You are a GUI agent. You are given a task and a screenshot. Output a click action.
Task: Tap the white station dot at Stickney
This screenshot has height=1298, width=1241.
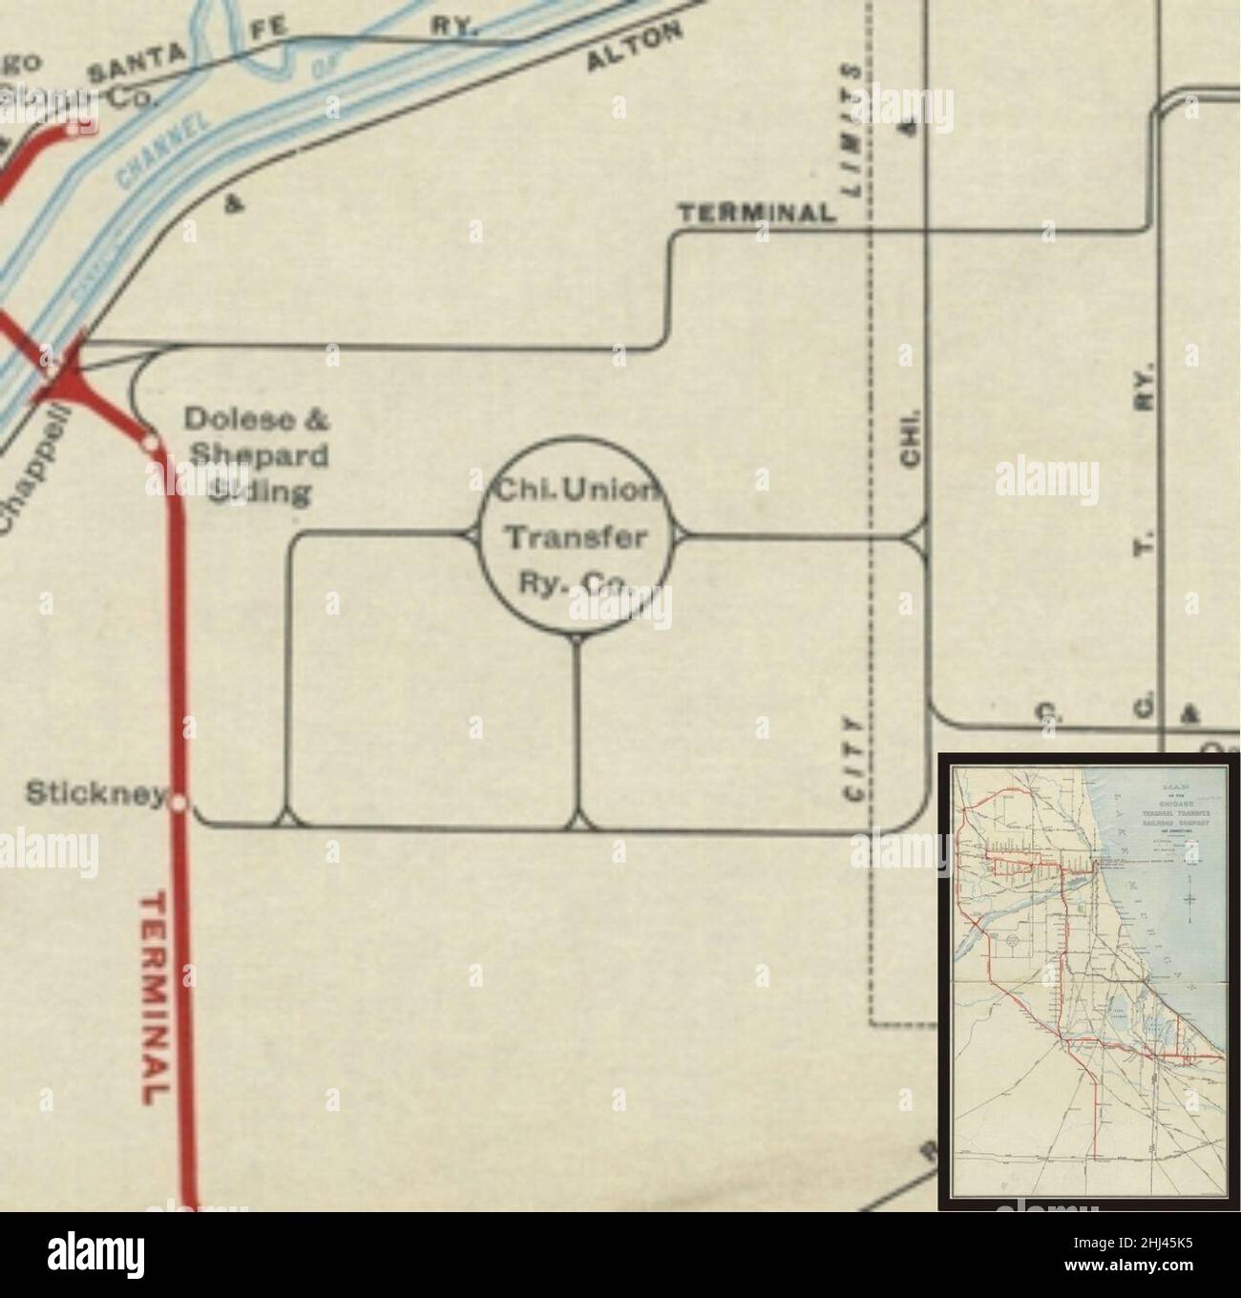click(178, 803)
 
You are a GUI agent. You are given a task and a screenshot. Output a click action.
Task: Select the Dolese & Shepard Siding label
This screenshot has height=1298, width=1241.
click(256, 455)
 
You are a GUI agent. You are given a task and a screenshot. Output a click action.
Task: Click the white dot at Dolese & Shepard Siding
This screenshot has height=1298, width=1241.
click(149, 442)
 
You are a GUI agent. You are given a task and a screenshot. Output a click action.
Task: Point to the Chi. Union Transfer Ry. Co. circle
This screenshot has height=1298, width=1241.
click(576, 537)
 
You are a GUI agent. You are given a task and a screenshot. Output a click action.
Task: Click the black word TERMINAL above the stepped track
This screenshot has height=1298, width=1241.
click(757, 213)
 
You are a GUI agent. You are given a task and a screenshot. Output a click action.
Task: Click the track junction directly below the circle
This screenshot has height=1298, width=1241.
click(577, 821)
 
